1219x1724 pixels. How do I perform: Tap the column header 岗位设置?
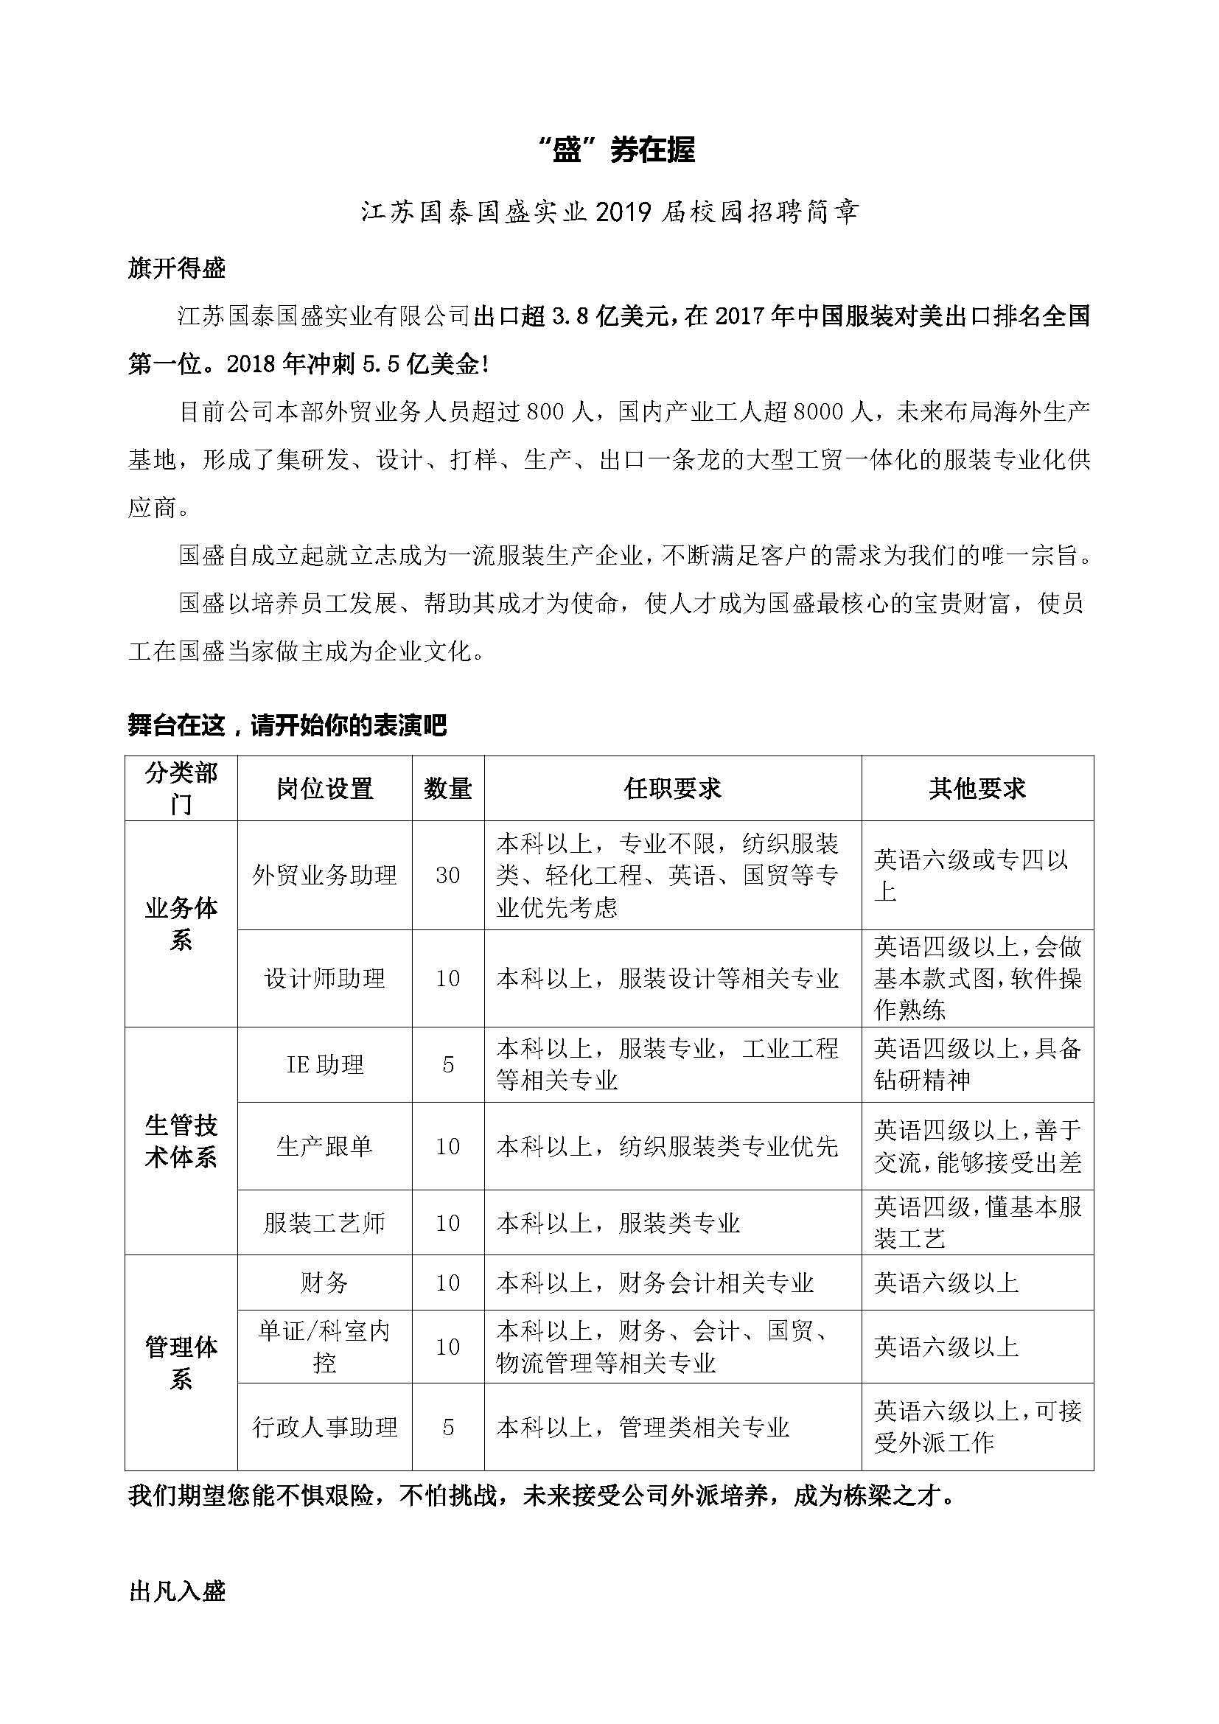pyautogui.click(x=324, y=789)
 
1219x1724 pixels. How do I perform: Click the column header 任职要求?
pyautogui.click(x=673, y=789)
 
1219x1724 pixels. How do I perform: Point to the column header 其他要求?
pyautogui.click(x=977, y=789)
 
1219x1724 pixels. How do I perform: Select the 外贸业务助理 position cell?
pyautogui.click(x=324, y=875)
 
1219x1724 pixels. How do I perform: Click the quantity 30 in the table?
pyautogui.click(x=448, y=876)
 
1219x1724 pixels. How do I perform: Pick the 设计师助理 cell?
pyautogui.click(x=324, y=978)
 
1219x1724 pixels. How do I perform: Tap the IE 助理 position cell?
pyautogui.click(x=324, y=1065)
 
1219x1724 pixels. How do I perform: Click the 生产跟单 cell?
pyautogui.click(x=324, y=1147)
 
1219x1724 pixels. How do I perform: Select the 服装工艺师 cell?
pyautogui.click(x=324, y=1224)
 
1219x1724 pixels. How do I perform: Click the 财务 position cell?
pyautogui.click(x=324, y=1282)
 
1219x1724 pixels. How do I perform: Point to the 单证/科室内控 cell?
pyautogui.click(x=324, y=1347)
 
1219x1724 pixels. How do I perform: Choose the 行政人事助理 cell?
pyautogui.click(x=324, y=1427)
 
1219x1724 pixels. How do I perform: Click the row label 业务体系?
pyautogui.click(x=181, y=924)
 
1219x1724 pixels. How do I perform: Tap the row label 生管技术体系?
pyautogui.click(x=181, y=1140)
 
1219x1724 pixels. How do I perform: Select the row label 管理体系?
pyautogui.click(x=181, y=1362)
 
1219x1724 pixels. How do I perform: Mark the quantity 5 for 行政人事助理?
pyautogui.click(x=448, y=1427)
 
